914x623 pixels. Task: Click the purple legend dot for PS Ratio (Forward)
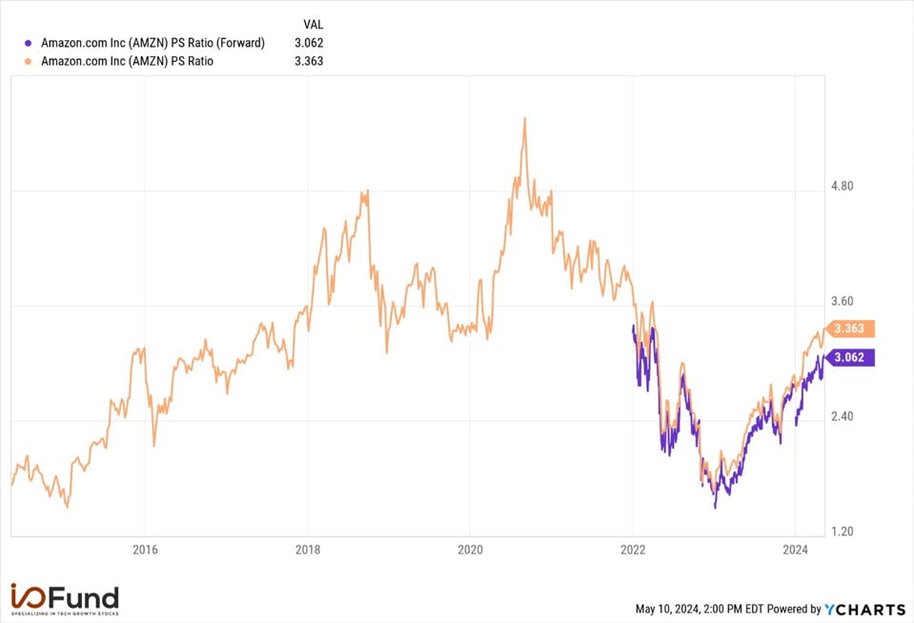[28, 43]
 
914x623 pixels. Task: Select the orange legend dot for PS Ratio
[28, 61]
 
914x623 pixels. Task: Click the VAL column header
[313, 25]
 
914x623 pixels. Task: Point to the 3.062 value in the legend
[309, 43]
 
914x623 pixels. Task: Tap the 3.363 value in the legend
[309, 61]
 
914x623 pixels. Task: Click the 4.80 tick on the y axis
[842, 186]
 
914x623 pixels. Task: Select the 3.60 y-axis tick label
[842, 301]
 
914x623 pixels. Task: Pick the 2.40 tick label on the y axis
[842, 416]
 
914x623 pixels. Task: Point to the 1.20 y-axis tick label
[842, 532]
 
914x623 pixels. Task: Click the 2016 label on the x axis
[145, 550]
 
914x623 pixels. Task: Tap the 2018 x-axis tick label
[308, 550]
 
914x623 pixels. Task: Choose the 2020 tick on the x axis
[471, 550]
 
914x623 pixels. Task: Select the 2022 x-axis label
[633, 550]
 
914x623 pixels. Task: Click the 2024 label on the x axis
[795, 550]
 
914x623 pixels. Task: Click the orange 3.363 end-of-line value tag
[850, 328]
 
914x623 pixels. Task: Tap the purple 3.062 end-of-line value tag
[850, 357]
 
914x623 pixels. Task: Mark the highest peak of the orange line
[524, 118]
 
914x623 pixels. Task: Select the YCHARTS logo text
[865, 610]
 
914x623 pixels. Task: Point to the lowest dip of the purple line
[715, 507]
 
